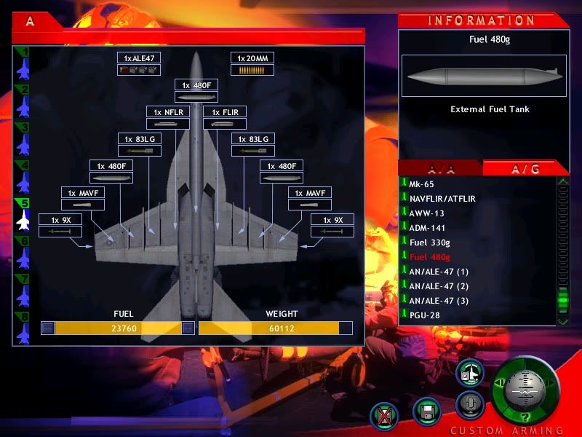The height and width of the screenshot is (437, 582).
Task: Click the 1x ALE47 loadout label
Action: coord(139,58)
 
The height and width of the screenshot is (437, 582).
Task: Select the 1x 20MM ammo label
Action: coord(252,58)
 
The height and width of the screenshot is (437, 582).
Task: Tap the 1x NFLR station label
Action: coord(168,112)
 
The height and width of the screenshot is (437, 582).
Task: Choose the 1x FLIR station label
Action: coord(225,112)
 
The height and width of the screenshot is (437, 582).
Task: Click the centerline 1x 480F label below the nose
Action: coord(196,85)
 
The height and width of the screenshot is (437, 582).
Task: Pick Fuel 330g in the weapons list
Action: coord(429,243)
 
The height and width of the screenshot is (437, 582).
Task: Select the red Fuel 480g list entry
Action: coord(429,257)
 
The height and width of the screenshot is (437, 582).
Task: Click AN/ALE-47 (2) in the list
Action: coord(439,286)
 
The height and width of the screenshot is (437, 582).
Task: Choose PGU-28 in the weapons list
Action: coord(425,315)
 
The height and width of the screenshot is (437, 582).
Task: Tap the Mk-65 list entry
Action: coord(421,184)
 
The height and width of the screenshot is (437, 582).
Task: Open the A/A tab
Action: coord(441,169)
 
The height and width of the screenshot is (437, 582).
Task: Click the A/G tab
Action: coord(525,169)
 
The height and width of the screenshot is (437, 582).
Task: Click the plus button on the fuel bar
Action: coord(188,328)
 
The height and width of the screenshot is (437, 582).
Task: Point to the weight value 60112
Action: coord(282,328)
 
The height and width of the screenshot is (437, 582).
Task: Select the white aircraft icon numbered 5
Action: coord(23,220)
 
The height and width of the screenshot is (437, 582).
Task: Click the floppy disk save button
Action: coord(427,412)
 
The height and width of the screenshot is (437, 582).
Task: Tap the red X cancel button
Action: coord(384,416)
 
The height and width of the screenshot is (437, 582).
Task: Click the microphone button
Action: coord(470,404)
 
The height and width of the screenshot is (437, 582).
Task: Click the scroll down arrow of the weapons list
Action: coord(563,321)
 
